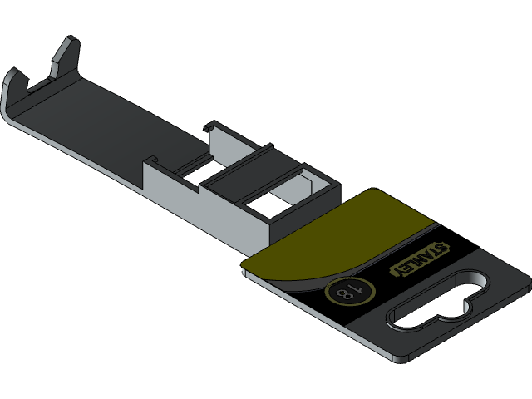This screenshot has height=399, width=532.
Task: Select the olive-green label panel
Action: (x=341, y=237)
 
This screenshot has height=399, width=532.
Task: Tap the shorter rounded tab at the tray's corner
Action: (x=16, y=84)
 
